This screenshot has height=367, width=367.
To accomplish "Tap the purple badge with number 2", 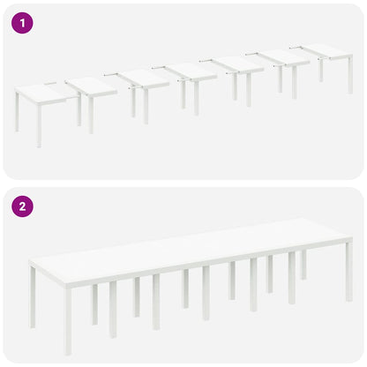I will pos(21,207).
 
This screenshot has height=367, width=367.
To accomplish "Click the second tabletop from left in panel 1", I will pos(90,86).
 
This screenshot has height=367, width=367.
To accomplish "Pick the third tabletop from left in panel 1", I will pos(142,79).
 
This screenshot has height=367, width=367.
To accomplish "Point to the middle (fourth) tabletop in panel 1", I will pos(190,71).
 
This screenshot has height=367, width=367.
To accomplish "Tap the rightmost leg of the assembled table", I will pos(349,269).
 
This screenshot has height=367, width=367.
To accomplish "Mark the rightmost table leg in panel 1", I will pos(349,74).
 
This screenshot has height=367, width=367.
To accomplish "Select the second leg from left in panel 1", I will pos(39,125).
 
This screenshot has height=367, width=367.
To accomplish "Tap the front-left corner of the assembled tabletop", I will pos(33,262).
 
